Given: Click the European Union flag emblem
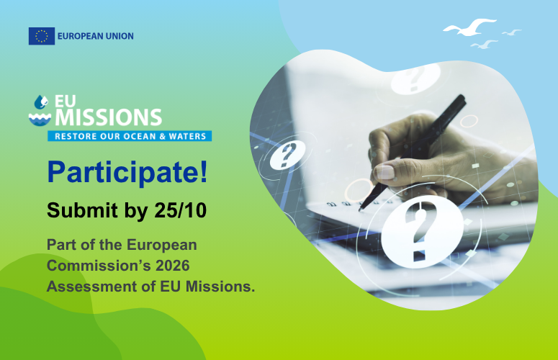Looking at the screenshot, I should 42,36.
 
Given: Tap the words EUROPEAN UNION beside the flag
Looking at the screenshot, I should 95,36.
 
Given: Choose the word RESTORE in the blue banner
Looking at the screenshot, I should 76,135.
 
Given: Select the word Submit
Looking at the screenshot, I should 76,210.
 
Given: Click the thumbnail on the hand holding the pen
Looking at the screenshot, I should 385,172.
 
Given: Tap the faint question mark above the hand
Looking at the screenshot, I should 416,81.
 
